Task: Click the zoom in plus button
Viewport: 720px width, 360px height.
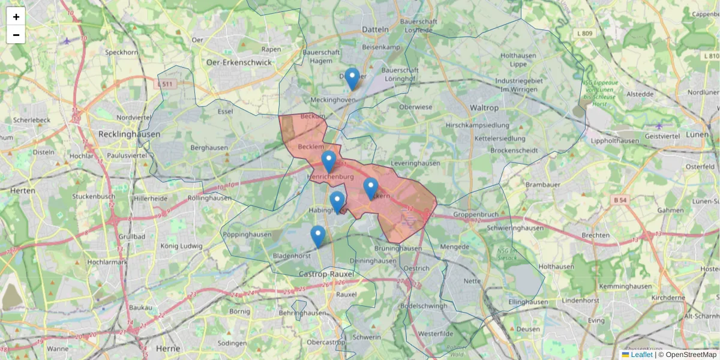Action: coord(16,17)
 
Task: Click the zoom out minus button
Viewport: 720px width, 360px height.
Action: coord(16,35)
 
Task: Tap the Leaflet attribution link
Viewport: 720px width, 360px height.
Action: coord(641,355)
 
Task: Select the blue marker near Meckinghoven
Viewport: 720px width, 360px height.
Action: coord(352,79)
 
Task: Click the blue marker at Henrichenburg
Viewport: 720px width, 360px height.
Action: coord(328,161)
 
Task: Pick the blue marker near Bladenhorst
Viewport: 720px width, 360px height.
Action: coord(318,236)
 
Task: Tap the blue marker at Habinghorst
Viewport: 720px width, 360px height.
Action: coord(337,202)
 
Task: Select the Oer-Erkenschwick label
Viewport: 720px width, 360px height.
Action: coord(231,62)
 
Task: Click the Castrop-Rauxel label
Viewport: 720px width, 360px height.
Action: coord(326,274)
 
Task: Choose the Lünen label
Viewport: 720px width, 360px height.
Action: coord(697,134)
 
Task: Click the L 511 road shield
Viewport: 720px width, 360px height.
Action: coord(167,84)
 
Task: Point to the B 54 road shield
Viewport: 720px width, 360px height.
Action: coord(621,199)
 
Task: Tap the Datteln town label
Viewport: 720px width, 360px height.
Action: coord(376,29)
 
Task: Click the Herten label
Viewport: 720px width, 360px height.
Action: coord(22,190)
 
